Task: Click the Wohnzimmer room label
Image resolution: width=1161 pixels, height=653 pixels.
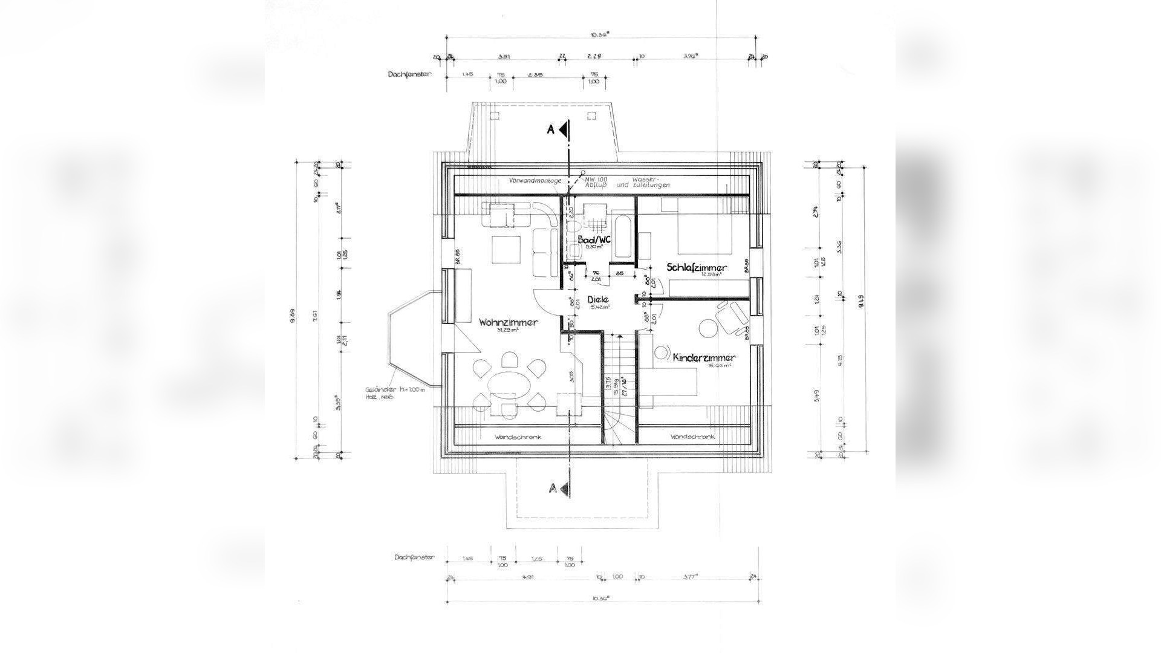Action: coord(508,323)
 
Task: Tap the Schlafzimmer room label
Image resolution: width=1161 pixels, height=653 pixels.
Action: coord(697,267)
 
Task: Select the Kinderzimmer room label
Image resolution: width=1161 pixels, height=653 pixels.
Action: coord(704,358)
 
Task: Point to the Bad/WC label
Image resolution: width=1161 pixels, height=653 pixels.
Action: coord(594,239)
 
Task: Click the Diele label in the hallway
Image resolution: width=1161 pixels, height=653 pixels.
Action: coord(597,299)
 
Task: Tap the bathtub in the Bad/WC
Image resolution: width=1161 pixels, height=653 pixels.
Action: coord(622,241)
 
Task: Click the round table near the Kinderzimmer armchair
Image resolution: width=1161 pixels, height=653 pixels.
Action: coord(707,328)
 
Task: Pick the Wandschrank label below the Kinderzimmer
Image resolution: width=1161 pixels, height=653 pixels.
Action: coord(692,437)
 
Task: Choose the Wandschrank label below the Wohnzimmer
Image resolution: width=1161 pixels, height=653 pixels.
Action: coord(517,437)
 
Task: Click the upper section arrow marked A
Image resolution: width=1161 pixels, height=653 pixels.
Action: coord(562,129)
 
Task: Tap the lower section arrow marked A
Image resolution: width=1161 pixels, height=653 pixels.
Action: coord(562,488)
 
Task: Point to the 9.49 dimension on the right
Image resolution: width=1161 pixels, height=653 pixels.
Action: coord(860,301)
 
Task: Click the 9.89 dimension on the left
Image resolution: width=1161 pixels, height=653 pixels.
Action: coord(293,314)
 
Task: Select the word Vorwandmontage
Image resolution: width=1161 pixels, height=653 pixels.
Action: coord(535,181)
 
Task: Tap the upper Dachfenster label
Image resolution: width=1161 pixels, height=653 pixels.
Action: coord(408,74)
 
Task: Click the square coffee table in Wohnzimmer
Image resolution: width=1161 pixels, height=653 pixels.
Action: coord(506,249)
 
